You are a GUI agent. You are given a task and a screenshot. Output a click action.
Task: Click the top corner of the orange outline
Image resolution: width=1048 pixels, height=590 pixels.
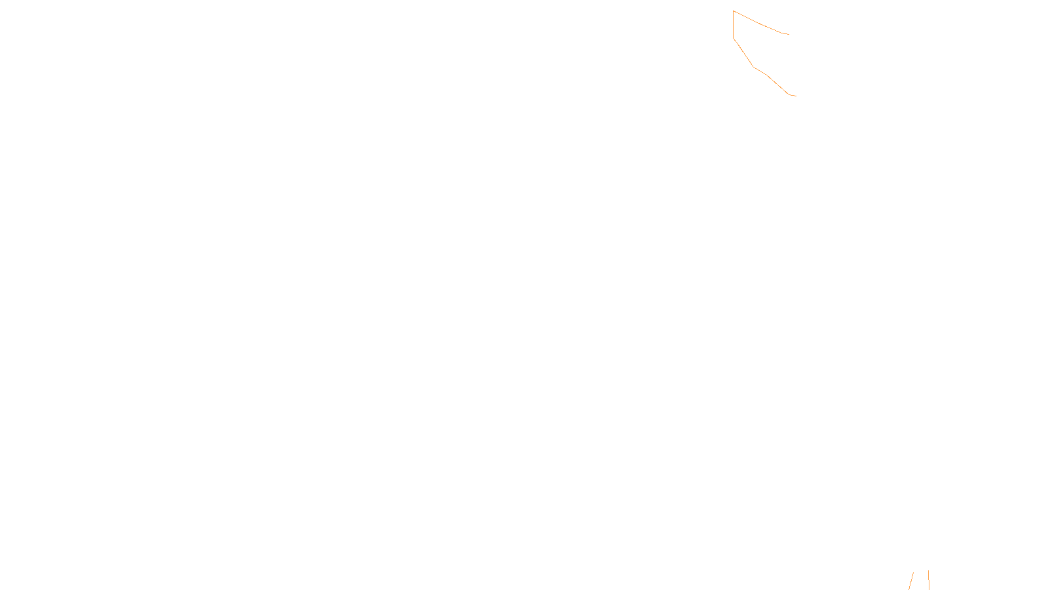pos(734,11)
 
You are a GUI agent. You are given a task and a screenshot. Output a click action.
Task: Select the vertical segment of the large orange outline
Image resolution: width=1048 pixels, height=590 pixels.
pos(734,25)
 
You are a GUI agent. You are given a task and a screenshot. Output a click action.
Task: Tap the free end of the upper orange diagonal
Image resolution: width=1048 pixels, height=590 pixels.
pos(789,34)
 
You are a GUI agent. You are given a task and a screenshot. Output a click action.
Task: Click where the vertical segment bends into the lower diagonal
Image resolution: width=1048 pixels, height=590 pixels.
pos(734,39)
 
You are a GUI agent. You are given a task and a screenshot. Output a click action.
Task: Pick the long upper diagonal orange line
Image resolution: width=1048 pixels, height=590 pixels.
pos(760,23)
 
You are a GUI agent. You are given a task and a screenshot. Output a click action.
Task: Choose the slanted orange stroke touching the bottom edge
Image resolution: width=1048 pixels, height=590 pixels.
pos(911,581)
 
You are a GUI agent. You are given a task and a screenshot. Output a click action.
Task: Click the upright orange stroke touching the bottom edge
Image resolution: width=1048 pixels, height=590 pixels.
pos(929,580)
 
